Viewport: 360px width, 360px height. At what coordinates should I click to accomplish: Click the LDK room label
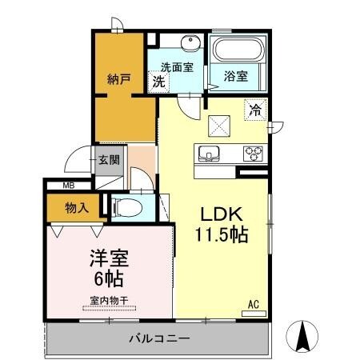pos(222,214)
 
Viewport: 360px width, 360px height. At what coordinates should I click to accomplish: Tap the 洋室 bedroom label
pos(110,258)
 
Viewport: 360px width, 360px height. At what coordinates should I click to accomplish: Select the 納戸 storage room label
pos(119,79)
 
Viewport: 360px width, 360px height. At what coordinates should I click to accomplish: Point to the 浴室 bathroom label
pos(236,76)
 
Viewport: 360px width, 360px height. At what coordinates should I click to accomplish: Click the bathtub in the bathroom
pos(239,50)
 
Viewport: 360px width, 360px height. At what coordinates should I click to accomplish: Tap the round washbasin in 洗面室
pos(191,43)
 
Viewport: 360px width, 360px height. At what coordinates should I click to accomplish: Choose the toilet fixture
pos(127,208)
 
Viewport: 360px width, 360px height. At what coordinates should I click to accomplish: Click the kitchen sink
pos(209,154)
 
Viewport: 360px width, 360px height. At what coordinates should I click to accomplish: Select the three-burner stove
pos(253,154)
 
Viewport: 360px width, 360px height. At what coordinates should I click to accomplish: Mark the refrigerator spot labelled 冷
pos(255,110)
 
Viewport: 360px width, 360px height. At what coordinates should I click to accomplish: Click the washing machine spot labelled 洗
pos(158,82)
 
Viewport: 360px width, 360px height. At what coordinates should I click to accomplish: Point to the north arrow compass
pos(302,336)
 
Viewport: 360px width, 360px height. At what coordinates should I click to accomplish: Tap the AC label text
pos(254,304)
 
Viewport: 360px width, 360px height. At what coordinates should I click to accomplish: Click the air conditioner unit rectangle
pos(254,314)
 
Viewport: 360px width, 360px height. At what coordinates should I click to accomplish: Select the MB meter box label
pos(69,186)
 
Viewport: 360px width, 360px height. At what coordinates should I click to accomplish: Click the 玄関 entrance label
pos(109,160)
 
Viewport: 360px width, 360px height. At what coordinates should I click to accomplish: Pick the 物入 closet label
pos(77,208)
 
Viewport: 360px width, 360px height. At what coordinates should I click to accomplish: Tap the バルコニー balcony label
pos(159,338)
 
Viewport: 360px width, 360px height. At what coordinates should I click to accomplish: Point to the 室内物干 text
pos(109,301)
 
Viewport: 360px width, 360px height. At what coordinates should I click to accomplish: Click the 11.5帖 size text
pos(222,234)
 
